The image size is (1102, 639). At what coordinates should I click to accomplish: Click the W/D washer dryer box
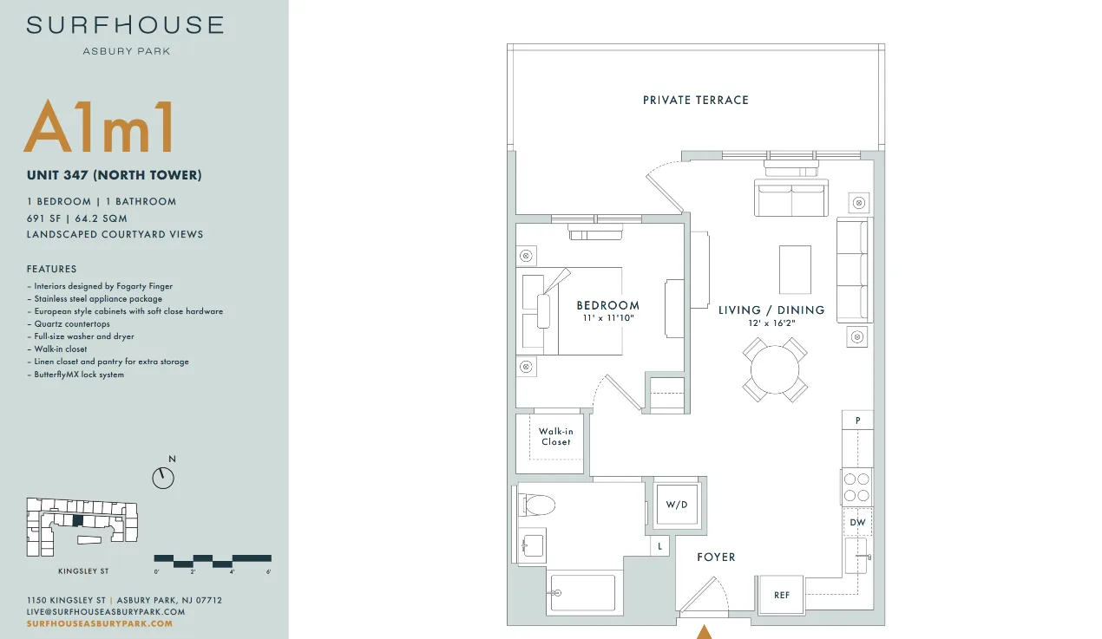(677, 505)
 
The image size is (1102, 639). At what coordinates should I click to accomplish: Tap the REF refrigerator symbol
(781, 595)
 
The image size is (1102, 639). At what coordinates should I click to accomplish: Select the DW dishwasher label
(857, 523)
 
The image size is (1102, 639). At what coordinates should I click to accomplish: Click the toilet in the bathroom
(536, 505)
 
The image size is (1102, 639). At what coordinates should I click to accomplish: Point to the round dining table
(774, 369)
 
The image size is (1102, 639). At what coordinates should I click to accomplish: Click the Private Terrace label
(696, 101)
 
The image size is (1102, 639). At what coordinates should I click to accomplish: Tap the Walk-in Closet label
(556, 436)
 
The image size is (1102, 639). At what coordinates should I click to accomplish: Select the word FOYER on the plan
(717, 557)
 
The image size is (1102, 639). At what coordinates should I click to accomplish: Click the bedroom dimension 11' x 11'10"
(608, 318)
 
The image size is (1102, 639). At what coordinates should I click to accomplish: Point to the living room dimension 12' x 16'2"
(771, 323)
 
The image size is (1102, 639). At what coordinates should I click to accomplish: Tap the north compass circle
(163, 478)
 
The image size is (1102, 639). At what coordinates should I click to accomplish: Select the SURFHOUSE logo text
(126, 25)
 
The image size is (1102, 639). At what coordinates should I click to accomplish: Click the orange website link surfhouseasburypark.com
(100, 623)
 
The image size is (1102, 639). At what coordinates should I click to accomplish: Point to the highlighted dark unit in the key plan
(77, 520)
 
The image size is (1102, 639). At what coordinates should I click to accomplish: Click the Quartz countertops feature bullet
(69, 324)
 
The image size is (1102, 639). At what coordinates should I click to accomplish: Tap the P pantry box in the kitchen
(857, 421)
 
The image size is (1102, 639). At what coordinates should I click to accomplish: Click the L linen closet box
(659, 546)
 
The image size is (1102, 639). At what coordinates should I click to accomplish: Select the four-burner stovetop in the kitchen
(856, 487)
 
